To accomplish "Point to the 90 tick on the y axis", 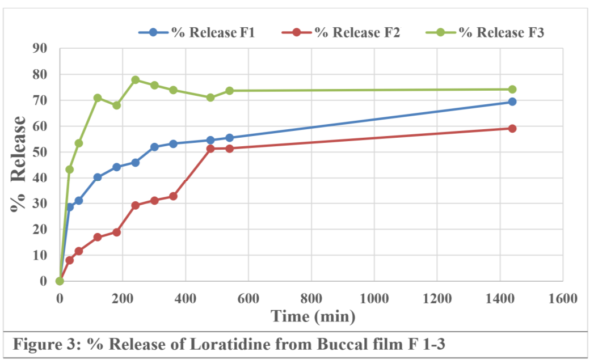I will (40, 48).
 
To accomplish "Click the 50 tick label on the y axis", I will (40, 152).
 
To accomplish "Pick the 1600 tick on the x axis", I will (563, 299).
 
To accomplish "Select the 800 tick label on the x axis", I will (311, 299).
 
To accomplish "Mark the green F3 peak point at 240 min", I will (136, 80).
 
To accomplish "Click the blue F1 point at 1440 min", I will (512, 101).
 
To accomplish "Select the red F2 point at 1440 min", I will (512, 128).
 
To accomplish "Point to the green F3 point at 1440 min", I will (512, 89).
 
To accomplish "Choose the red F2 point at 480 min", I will (210, 149).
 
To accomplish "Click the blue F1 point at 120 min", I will (98, 177).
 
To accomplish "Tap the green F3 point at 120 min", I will (98, 98).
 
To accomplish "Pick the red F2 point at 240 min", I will (136, 205).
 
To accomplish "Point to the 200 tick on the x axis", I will (123, 299).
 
